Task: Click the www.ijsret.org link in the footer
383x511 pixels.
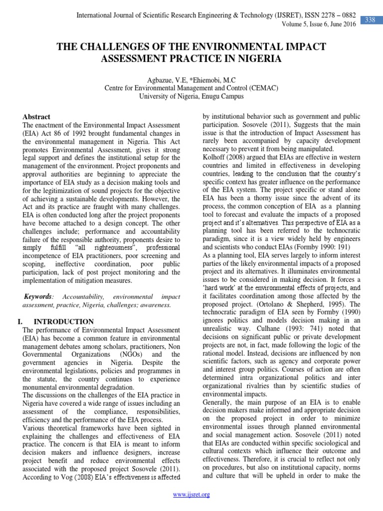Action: [x=191, y=495]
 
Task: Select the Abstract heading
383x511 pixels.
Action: [x=37, y=116]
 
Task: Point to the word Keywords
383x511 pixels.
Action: [x=38, y=296]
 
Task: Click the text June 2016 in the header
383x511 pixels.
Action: [x=344, y=25]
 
